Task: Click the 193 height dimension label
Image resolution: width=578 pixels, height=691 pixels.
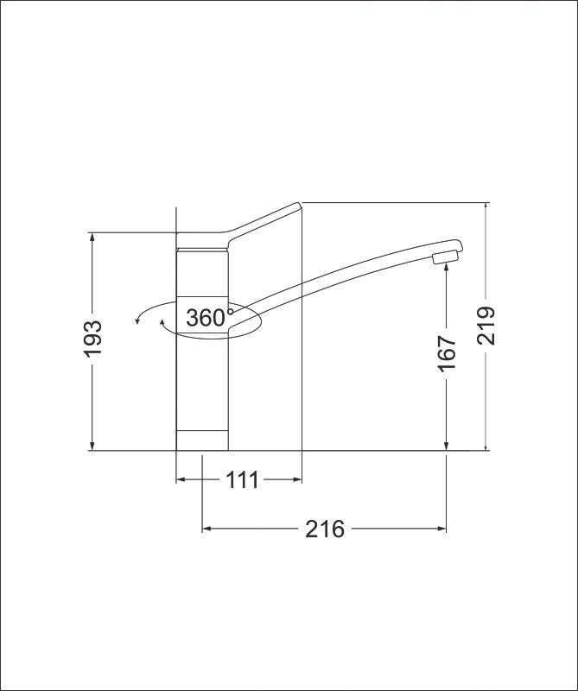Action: [93, 338]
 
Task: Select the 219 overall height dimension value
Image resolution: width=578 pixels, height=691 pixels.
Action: [486, 326]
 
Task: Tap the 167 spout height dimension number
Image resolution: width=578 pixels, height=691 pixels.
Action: [447, 354]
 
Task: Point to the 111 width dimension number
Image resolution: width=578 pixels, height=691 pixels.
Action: [242, 480]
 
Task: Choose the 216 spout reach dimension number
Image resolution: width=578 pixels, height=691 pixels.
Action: [325, 529]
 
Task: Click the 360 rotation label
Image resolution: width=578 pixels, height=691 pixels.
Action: [206, 318]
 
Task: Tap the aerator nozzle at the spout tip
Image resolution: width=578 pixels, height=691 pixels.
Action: [446, 257]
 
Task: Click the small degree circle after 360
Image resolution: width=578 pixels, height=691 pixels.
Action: [230, 312]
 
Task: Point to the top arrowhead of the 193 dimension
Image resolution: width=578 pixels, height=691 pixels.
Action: [92, 237]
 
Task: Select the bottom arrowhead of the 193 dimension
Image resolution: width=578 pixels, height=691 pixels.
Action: [92, 446]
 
